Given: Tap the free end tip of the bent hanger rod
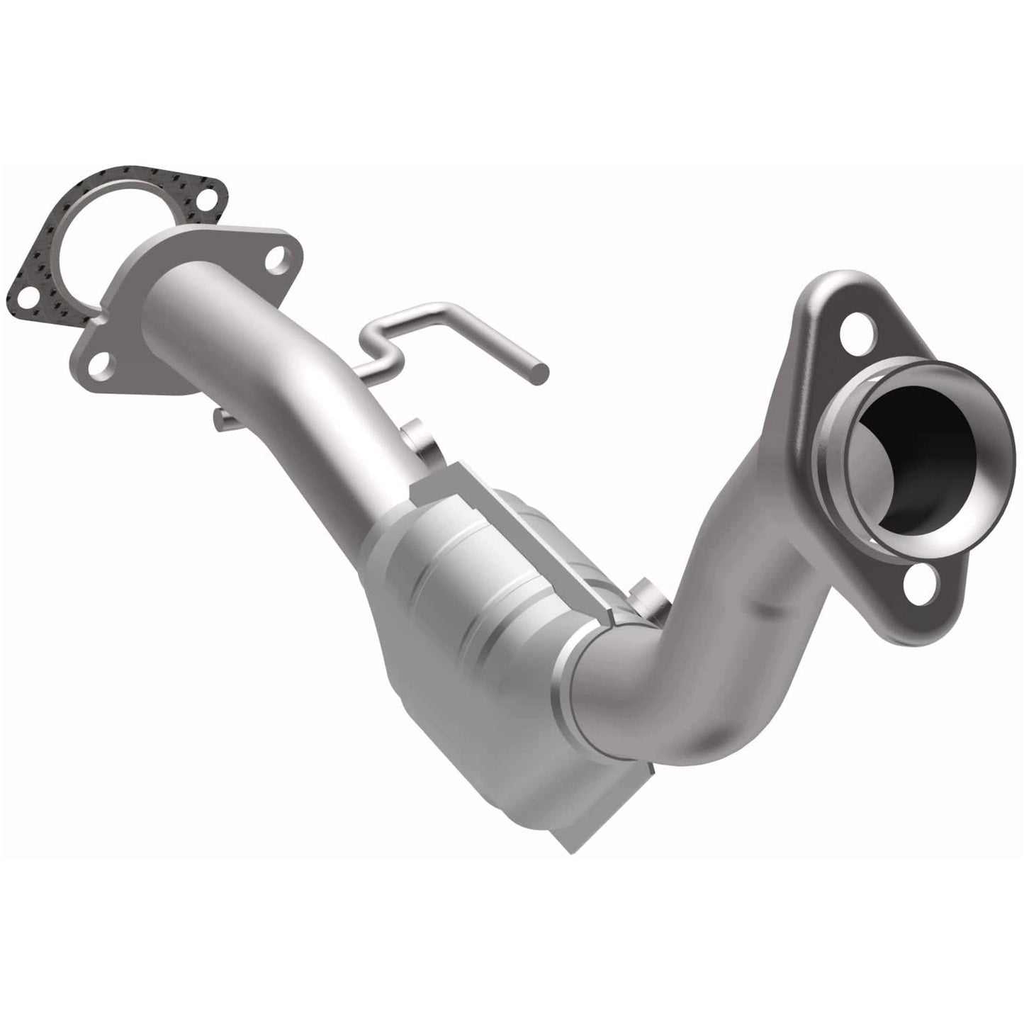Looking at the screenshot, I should tap(541, 369).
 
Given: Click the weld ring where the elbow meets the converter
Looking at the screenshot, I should tap(578, 673).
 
